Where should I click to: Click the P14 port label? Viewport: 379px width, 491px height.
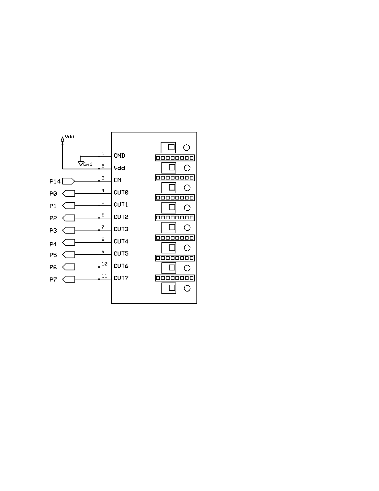pos(55,182)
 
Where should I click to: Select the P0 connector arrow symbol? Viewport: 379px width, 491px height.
pos(69,194)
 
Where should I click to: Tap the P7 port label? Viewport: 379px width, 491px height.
pos(53,280)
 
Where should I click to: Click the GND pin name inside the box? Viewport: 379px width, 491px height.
pos(119,156)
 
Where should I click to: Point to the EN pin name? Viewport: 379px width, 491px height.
pos(117,180)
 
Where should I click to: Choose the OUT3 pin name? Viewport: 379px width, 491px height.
pos(121,229)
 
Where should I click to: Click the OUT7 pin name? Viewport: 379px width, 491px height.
pos(121,278)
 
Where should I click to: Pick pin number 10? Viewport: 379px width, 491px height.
pos(105,264)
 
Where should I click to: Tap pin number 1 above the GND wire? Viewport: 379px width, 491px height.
pos(103,154)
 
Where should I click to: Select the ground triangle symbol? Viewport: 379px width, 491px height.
pos(80,163)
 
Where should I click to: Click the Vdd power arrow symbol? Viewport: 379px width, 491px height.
pos(62,139)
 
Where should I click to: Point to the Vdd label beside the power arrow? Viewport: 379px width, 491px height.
pos(70,137)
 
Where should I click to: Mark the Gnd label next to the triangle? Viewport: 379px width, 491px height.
pos(88,164)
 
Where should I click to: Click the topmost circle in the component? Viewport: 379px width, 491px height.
pos(187,148)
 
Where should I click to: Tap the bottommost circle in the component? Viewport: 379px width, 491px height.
pos(187,288)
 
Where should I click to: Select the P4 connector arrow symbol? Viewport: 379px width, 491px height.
pos(69,243)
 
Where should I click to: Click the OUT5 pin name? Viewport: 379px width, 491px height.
pos(121,254)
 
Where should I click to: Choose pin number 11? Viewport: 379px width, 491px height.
pos(105,276)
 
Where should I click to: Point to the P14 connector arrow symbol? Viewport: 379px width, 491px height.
pos(69,181)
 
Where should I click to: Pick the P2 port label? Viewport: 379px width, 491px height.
pos(53,218)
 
